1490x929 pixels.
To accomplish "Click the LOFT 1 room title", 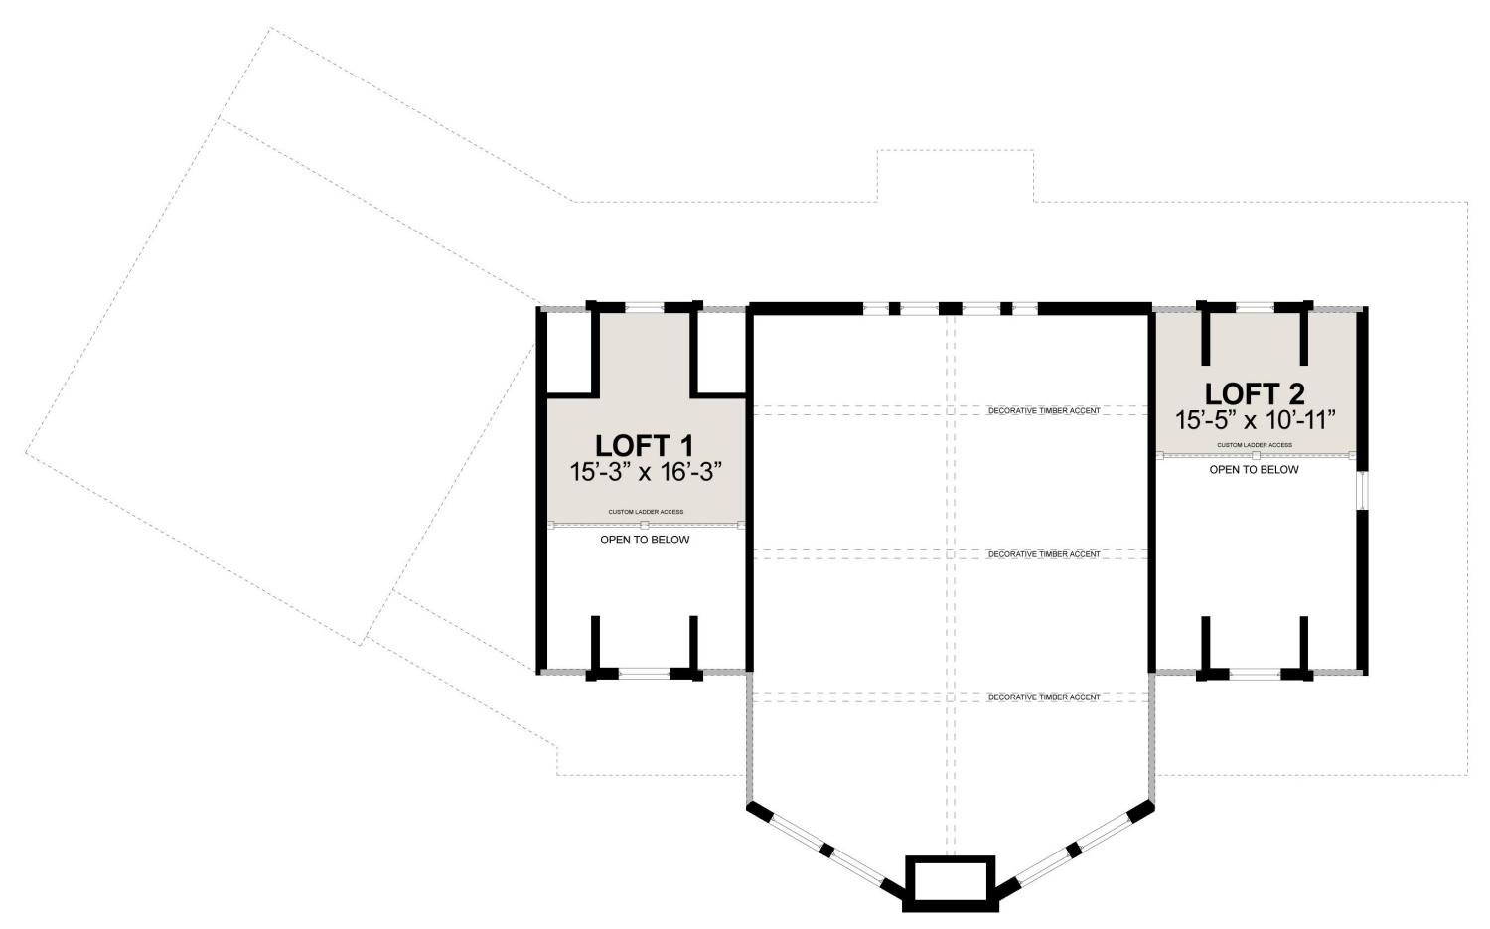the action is [x=644, y=445].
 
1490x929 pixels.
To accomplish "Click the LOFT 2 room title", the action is [x=1255, y=394].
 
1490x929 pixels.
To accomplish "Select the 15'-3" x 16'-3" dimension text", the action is [x=646, y=472].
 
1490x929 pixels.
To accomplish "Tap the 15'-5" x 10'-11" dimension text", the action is [x=1256, y=420].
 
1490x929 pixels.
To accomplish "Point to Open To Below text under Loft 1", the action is [x=645, y=540].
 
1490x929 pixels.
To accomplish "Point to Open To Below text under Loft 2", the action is [x=1254, y=470].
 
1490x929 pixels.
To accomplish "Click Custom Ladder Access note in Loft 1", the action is [x=646, y=512].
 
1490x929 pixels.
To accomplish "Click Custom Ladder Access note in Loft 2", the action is [x=1255, y=445].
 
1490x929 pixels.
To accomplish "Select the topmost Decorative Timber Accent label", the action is [x=1044, y=411].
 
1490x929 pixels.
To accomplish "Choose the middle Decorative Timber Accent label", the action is [x=1044, y=554].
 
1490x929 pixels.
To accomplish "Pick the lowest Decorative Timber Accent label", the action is [x=1044, y=697].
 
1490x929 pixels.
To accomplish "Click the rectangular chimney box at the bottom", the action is [x=950, y=883].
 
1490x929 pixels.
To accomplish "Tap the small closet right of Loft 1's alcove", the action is [x=721, y=353].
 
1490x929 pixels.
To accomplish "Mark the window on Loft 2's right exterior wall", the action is [x=1362, y=491].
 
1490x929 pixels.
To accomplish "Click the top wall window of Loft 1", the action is [x=645, y=307].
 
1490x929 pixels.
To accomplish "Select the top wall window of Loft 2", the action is [x=1256, y=307].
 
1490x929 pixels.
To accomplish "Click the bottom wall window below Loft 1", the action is [x=645, y=674].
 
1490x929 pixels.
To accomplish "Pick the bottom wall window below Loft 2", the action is [x=1256, y=674].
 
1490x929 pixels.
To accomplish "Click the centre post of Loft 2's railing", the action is [x=1256, y=456].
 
